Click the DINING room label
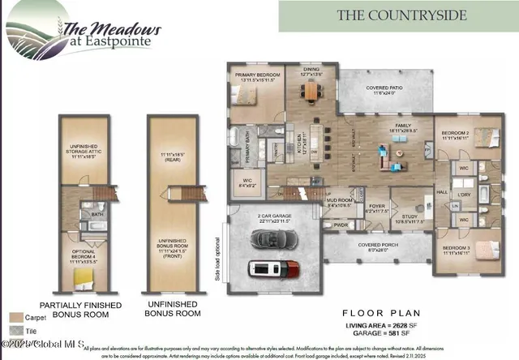click(x=311, y=71)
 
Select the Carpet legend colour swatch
click(x=16, y=317)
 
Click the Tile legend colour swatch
click(x=16, y=332)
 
